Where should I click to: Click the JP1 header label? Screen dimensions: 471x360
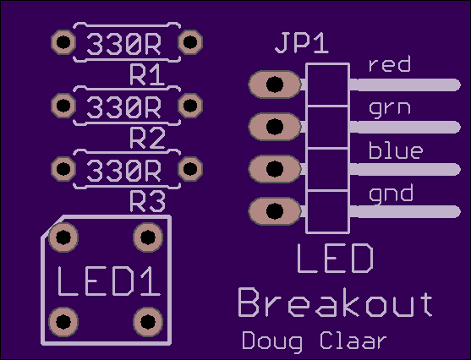pos(302,44)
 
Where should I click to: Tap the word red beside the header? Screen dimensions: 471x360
pos(390,64)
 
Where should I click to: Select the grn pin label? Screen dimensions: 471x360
pos(390,109)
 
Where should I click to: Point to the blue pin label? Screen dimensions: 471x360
pos(396,150)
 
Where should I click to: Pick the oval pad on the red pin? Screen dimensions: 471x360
pos(275,85)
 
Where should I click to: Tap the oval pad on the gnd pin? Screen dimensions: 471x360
pos(275,211)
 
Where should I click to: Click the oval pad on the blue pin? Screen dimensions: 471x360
pos(275,169)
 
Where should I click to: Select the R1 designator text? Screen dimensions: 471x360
pos(147,74)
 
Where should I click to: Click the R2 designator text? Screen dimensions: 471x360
pos(147,138)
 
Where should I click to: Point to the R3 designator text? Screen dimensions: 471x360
pos(147,201)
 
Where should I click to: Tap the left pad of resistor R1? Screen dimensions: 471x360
pos(63,42)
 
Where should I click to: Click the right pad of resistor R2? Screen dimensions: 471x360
pos(190,106)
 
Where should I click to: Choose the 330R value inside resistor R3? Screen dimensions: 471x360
pos(123,171)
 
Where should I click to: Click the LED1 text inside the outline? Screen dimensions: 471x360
pos(109,281)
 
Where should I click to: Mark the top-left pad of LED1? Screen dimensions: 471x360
pos(63,237)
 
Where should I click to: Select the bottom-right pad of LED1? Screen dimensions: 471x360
pos(148,322)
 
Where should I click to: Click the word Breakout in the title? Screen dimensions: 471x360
pos(336,303)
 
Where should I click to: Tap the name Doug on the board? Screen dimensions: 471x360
pos(272,341)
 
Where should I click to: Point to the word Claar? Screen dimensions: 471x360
pos(353,341)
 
